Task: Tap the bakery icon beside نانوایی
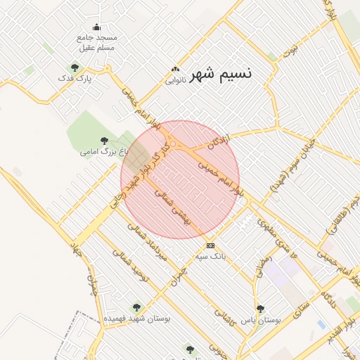pos(175,70)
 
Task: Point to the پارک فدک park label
pos(83,79)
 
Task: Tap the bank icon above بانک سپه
pos(210,245)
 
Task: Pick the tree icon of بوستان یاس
pos(260,308)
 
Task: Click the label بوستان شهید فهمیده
pos(137,318)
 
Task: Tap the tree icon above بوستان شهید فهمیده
pos(136,307)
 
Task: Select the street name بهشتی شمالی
pos(172,206)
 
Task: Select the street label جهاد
pos(77,250)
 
